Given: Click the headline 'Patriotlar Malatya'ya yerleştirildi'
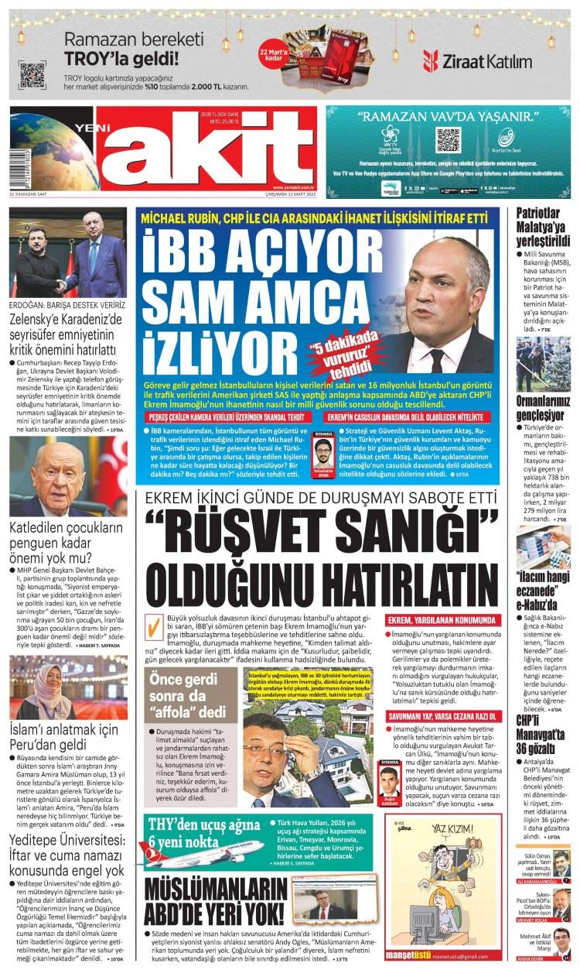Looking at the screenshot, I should click(x=543, y=228).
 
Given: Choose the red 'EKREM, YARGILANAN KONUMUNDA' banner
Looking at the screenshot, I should click(x=442, y=622).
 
